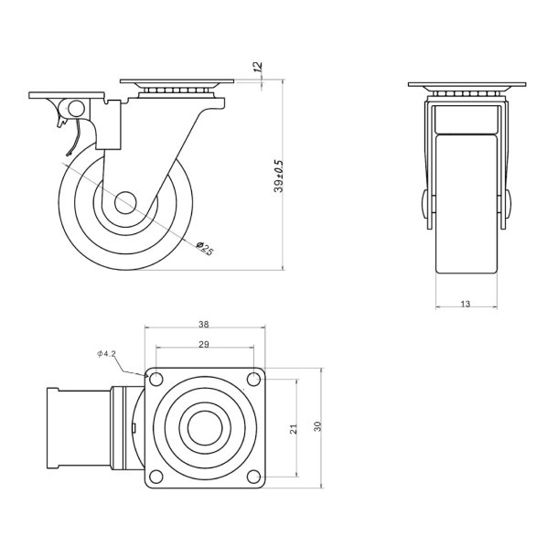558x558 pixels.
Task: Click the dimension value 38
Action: click(x=205, y=323)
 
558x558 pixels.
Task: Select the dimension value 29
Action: click(x=205, y=344)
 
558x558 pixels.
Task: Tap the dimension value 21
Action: click(x=294, y=428)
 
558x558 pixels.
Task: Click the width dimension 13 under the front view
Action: click(x=466, y=304)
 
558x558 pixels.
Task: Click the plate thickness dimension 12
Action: click(x=258, y=67)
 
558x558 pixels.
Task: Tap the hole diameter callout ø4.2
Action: click(x=108, y=353)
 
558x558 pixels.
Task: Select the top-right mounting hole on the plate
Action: click(x=254, y=379)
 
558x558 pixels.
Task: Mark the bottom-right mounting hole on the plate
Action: click(x=254, y=476)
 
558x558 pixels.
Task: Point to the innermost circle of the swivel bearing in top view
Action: click(x=205, y=427)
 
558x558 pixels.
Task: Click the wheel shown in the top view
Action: click(x=78, y=428)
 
